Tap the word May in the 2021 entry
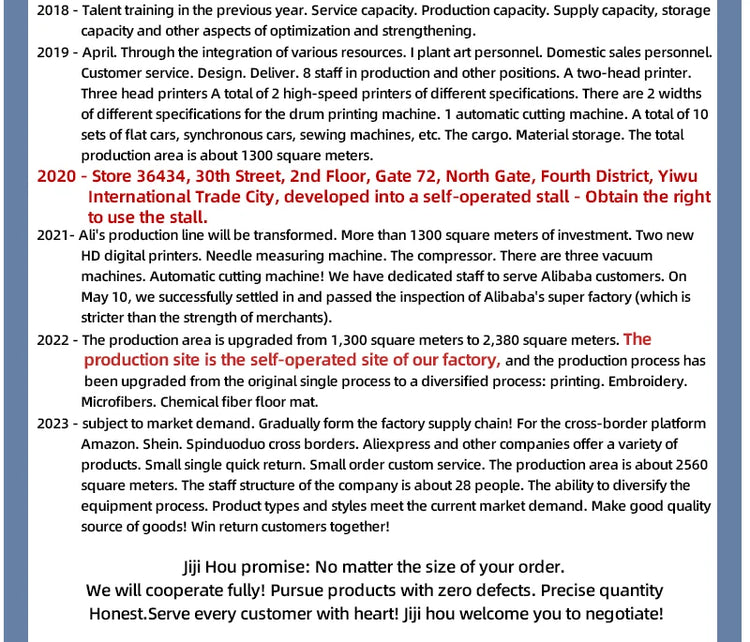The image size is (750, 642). click(96, 297)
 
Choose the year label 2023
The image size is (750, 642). click(53, 423)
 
